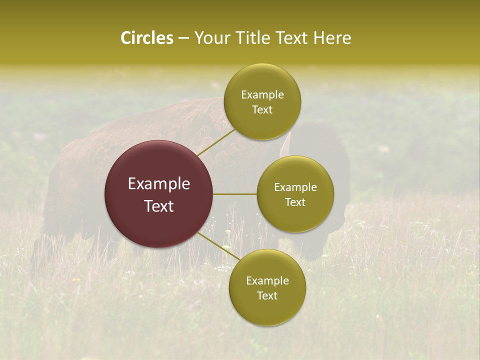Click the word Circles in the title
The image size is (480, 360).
146,38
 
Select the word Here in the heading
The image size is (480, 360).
331,38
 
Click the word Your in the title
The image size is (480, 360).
213,38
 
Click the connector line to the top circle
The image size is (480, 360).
216,142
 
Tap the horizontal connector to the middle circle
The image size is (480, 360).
235,194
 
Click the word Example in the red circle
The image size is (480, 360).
159,184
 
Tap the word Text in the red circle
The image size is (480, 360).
159,206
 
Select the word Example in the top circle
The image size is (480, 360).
262,95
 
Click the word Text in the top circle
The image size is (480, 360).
262,110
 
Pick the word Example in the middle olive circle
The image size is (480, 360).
295,187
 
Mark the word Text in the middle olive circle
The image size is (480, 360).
295,202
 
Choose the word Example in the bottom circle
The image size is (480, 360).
267,281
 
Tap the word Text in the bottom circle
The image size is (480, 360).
267,295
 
